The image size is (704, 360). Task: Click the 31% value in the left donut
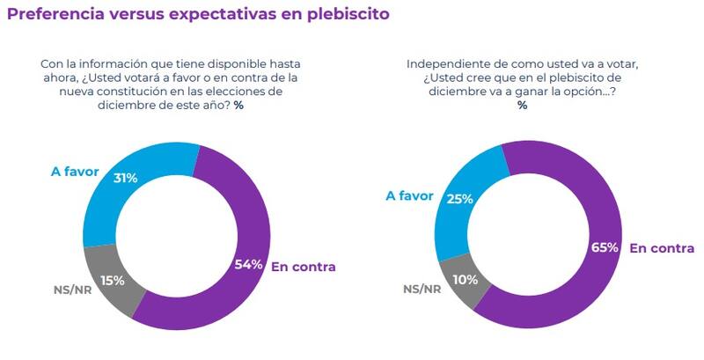125,178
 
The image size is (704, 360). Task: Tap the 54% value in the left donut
249,265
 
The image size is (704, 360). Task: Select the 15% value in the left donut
112,280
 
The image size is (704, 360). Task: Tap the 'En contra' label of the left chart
304,266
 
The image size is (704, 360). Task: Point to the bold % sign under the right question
523,106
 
